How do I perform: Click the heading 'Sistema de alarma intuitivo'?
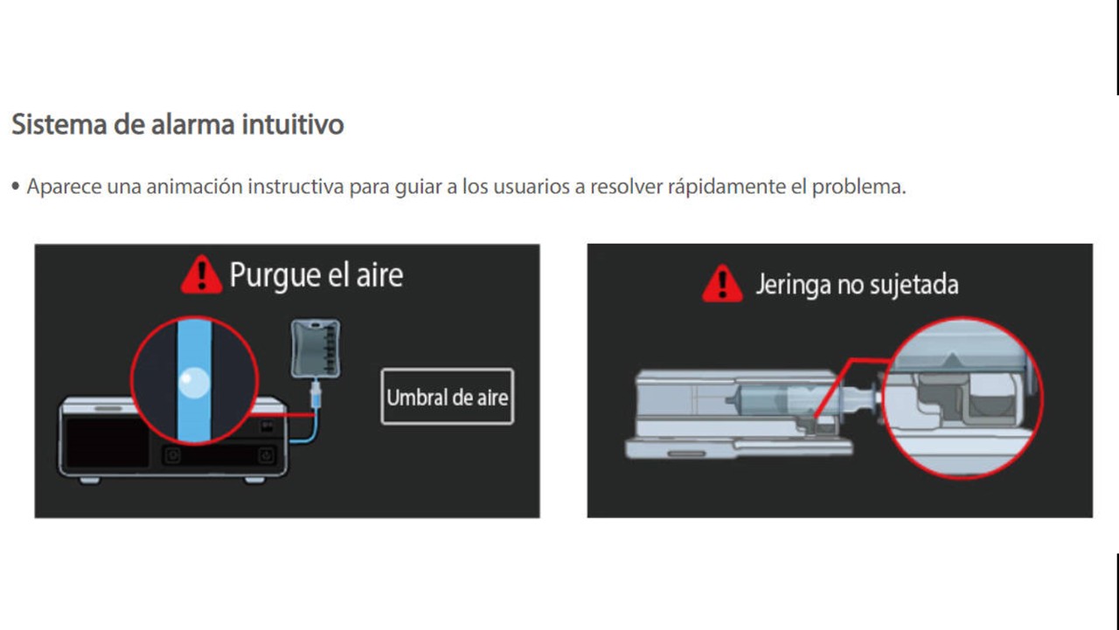pos(177,124)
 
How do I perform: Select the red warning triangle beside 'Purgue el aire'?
pos(201,274)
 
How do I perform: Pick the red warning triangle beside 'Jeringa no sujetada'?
pos(722,283)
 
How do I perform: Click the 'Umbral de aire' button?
pos(447,397)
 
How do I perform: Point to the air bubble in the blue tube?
pos(194,383)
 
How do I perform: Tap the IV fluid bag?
pos(316,349)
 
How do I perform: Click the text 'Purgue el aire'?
pos(316,275)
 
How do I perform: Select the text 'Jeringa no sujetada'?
pos(858,284)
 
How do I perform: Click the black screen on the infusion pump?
pos(108,442)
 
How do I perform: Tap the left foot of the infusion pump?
pos(90,481)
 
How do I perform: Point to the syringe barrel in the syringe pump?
pos(764,400)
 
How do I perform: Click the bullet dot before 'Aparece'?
pos(16,186)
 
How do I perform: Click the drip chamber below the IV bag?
pos(316,394)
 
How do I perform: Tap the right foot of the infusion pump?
pos(254,480)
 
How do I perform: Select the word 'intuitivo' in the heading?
pos(293,124)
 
